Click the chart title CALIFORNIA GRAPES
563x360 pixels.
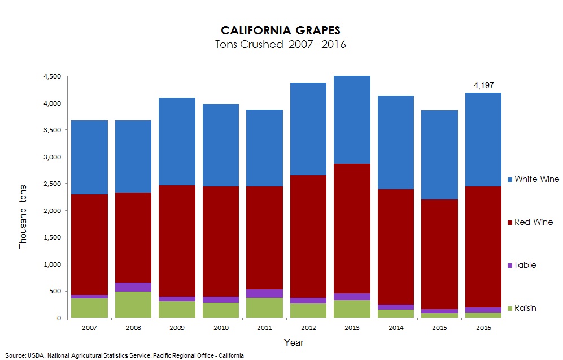tap(280, 30)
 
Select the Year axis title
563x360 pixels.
tap(294, 342)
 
